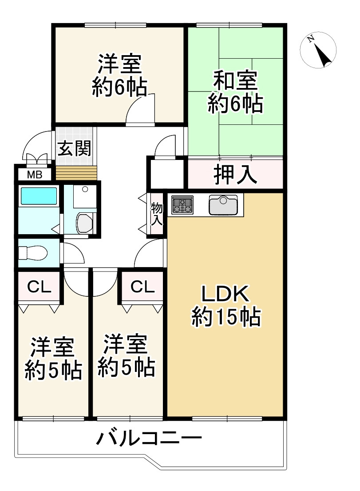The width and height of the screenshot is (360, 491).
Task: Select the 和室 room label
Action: point(235,81)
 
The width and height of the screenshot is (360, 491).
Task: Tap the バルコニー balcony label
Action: point(149,440)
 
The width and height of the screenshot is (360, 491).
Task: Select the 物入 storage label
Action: point(156,214)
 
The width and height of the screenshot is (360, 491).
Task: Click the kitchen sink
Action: point(223,205)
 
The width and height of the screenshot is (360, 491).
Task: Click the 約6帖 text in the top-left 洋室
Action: point(119,88)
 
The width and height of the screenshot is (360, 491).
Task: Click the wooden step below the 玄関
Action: point(76,172)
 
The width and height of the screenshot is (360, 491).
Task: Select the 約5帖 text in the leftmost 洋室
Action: point(53,369)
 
